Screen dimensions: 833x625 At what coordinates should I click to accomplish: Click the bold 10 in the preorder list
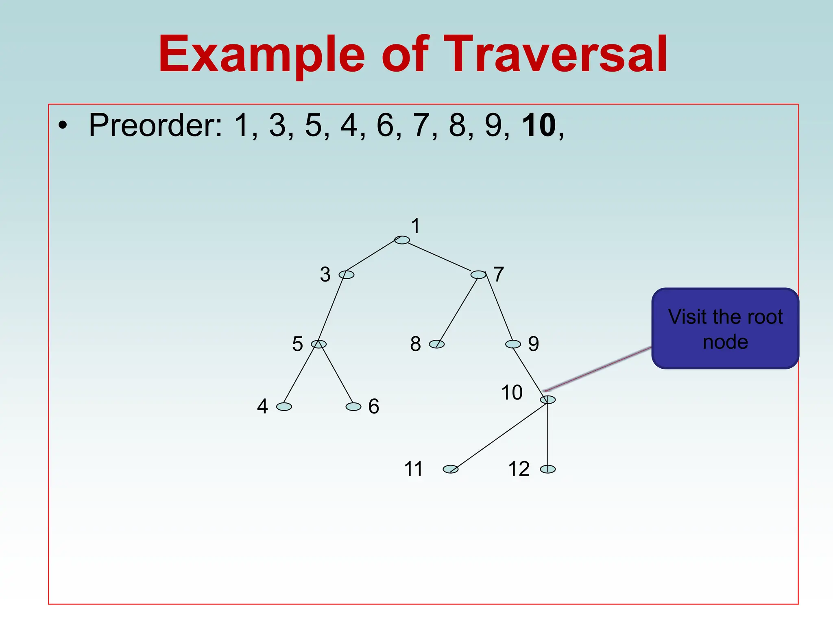click(539, 125)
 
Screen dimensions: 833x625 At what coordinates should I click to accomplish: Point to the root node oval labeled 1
click(402, 240)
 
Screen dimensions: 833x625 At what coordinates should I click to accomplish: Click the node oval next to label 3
click(347, 275)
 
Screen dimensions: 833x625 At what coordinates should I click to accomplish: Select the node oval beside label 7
click(478, 275)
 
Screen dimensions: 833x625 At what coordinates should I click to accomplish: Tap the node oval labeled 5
click(318, 344)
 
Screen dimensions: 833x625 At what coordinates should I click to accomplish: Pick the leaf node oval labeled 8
click(437, 344)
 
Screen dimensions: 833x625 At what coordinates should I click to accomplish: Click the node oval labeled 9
click(513, 344)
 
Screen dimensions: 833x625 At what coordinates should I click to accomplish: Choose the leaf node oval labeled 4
click(284, 406)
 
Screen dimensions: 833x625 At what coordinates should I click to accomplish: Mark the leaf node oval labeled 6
click(353, 406)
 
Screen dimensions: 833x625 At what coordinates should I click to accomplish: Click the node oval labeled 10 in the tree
click(548, 400)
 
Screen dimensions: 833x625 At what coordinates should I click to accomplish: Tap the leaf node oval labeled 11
click(450, 469)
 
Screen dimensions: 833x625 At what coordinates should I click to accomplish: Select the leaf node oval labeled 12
click(548, 469)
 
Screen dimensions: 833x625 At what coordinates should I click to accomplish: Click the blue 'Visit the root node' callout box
click(725, 328)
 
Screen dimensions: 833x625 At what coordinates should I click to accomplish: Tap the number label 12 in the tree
click(519, 469)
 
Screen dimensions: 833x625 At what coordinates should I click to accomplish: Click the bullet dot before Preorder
click(62, 125)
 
